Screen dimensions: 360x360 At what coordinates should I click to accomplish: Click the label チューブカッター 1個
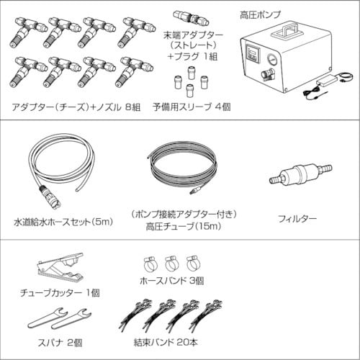60,292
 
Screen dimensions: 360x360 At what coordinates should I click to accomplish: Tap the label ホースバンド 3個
170,282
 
